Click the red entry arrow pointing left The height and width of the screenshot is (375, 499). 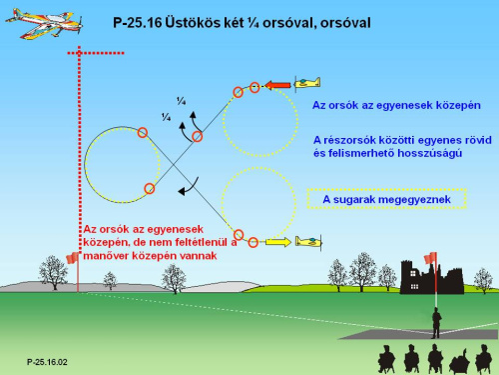click(277, 85)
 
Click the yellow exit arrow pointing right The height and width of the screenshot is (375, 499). click(278, 242)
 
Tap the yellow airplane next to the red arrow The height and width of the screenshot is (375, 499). click(307, 83)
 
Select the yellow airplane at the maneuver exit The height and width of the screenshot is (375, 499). click(308, 241)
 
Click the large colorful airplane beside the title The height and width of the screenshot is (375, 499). click(44, 23)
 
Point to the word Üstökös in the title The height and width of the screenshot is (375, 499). click(194, 23)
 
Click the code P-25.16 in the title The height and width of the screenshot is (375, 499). click(138, 23)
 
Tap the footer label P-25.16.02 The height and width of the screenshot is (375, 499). click(47, 362)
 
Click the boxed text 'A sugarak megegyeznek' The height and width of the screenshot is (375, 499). click(386, 199)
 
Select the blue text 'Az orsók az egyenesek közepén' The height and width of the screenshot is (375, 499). click(396, 105)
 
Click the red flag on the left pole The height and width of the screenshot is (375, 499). click(72, 258)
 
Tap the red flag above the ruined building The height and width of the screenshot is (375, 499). click(430, 257)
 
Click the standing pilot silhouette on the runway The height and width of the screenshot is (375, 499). click(436, 323)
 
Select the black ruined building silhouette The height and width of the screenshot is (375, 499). click(431, 277)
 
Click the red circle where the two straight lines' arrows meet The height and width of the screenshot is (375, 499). click(197, 137)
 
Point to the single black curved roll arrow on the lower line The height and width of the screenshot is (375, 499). click(189, 187)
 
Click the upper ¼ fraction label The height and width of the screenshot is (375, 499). click(182, 101)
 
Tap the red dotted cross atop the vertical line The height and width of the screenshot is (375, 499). click(79, 53)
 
